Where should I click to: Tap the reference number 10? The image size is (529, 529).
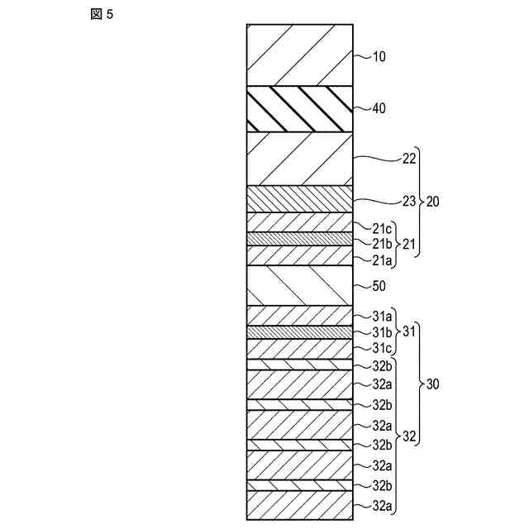(x=379, y=57)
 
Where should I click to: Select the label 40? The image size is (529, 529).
(x=379, y=108)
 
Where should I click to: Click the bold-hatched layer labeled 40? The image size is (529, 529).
(x=299, y=108)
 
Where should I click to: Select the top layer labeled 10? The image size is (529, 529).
(x=299, y=55)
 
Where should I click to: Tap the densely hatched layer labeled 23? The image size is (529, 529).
(x=299, y=199)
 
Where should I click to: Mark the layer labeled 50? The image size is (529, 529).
(x=299, y=286)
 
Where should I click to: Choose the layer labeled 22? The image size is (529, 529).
(x=299, y=159)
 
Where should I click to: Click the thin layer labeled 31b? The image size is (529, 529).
(x=299, y=332)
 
